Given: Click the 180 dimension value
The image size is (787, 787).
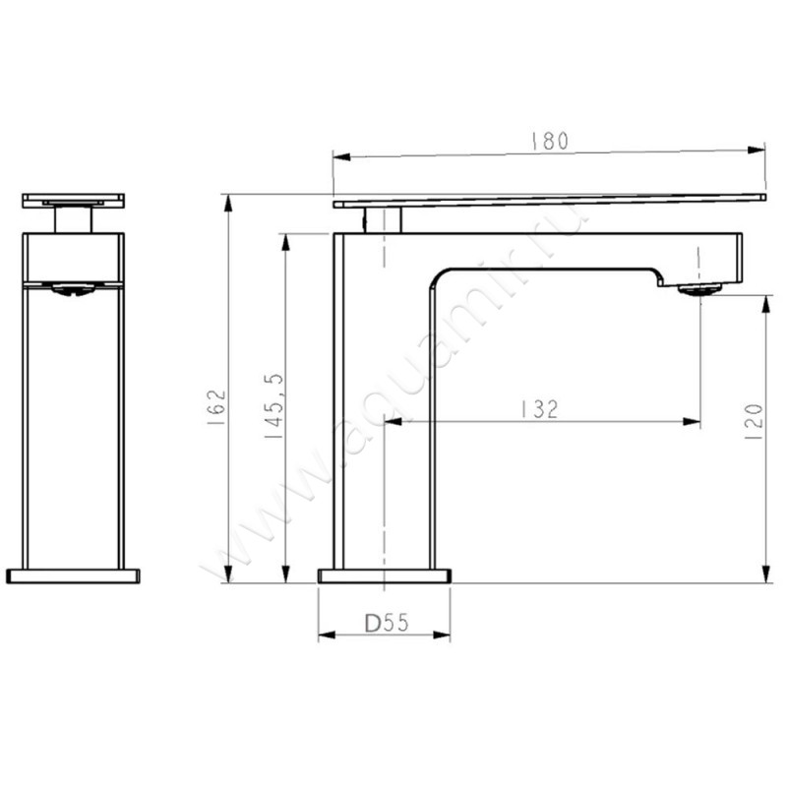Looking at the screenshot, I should pyautogui.click(x=550, y=140).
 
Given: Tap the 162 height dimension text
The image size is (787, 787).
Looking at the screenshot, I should pyautogui.click(x=218, y=405).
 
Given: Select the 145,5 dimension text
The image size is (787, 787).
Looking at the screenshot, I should pyautogui.click(x=275, y=405).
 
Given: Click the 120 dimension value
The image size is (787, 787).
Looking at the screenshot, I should pyautogui.click(x=755, y=421).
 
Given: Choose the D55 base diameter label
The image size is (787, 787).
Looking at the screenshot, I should pyautogui.click(x=386, y=624).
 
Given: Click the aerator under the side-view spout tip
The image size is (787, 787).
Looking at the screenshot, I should pyautogui.click(x=698, y=288).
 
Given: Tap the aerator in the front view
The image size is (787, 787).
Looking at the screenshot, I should pyautogui.click(x=73, y=289).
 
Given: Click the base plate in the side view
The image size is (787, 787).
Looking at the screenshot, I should pyautogui.click(x=384, y=575).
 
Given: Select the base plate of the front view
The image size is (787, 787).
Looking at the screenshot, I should pyautogui.click(x=74, y=575).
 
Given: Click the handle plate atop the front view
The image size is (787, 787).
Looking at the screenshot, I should pyautogui.click(x=74, y=200).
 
